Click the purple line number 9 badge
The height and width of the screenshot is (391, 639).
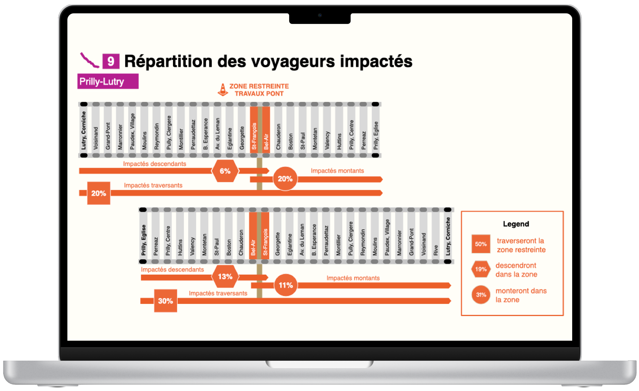[111, 61]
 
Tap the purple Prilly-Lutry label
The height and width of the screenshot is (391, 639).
[108, 81]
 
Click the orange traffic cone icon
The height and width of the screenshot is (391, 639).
[223, 90]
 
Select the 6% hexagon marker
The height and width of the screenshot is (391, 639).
[225, 171]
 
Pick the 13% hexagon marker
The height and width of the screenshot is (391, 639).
[225, 277]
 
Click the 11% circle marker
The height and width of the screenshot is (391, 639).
[285, 285]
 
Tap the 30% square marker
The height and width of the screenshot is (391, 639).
[165, 301]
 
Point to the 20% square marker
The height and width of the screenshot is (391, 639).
[99, 193]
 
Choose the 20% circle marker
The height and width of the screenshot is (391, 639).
[285, 179]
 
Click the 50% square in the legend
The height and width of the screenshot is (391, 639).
[481, 244]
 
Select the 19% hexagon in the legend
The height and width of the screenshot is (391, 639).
[481, 269]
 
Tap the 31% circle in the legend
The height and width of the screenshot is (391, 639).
[481, 295]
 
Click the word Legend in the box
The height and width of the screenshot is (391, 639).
[516, 224]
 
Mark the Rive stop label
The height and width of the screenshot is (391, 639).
[435, 250]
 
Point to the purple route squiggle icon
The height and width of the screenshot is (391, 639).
[89, 61]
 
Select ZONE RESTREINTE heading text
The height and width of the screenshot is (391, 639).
[259, 86]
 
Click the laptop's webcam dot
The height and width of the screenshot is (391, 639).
[320, 15]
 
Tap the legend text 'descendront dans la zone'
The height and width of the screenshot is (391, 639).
[516, 270]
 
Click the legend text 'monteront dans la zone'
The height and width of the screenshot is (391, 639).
[521, 295]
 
